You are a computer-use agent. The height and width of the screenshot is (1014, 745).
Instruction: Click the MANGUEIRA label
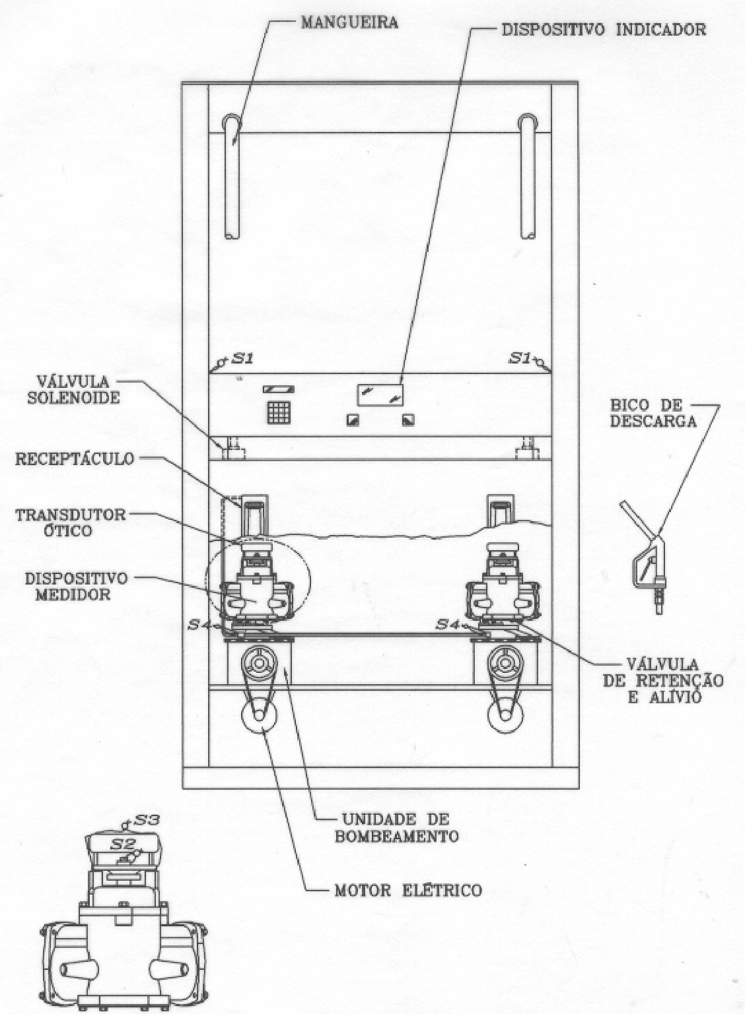[x=349, y=22]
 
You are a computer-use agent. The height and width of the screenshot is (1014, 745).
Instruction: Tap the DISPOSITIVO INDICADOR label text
[x=604, y=30]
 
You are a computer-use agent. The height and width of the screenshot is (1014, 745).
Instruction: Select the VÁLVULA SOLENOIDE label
[x=74, y=389]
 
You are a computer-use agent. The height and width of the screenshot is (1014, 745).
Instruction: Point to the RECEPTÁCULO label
[x=75, y=459]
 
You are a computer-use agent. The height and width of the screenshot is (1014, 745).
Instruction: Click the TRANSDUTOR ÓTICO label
[x=70, y=522]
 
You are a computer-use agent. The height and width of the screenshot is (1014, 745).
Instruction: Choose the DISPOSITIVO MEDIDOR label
[x=76, y=586]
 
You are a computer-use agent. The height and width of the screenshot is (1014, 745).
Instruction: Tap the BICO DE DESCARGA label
[x=653, y=413]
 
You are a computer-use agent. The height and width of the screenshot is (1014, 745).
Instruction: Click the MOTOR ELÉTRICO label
[x=408, y=891]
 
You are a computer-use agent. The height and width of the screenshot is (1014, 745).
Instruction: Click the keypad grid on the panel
[x=279, y=412]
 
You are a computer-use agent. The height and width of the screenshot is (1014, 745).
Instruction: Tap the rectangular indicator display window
[x=380, y=395]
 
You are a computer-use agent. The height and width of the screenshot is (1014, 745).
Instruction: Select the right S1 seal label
[x=520, y=358]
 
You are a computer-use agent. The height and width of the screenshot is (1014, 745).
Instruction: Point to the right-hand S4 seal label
[x=448, y=624]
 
